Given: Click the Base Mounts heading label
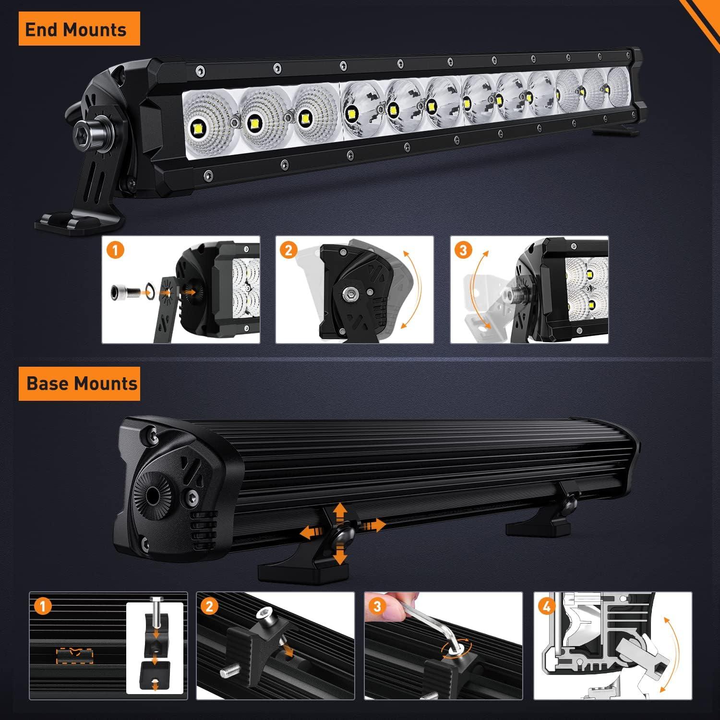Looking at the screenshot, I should click(x=80, y=384).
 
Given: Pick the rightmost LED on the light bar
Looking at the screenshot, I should click(x=608, y=89).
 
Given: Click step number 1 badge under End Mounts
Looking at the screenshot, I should click(x=115, y=250).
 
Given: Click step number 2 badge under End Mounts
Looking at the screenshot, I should click(x=288, y=250).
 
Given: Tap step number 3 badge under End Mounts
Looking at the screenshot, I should click(x=463, y=250).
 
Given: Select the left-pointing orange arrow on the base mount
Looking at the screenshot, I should click(x=309, y=531).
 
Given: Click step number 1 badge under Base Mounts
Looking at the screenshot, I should click(x=43, y=606).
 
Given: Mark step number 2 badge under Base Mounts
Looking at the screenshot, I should click(x=209, y=606).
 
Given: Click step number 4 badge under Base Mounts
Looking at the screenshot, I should click(x=547, y=606).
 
